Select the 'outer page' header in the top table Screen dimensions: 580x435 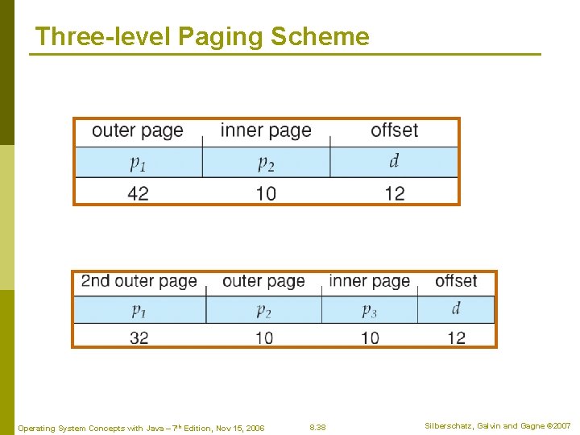coord(138,130)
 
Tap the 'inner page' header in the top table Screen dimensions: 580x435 coord(265,130)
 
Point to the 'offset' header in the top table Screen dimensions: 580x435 coord(394,130)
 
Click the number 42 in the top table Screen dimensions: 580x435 coord(138,193)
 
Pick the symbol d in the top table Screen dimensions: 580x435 coord(394,162)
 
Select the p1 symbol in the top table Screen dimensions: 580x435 coord(138,163)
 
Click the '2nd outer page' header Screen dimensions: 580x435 coord(139,281)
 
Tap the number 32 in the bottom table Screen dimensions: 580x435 coord(139,338)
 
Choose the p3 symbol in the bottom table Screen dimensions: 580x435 coord(369,309)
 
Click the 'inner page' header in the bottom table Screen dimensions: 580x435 coord(369,281)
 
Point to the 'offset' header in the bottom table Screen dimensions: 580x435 coord(456,281)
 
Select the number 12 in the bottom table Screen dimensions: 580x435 coord(456,338)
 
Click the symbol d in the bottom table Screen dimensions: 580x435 coord(456,309)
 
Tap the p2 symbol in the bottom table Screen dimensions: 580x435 coord(264,309)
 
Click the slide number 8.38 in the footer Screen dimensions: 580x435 coord(318,426)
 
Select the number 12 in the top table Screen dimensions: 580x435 coord(394,193)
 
